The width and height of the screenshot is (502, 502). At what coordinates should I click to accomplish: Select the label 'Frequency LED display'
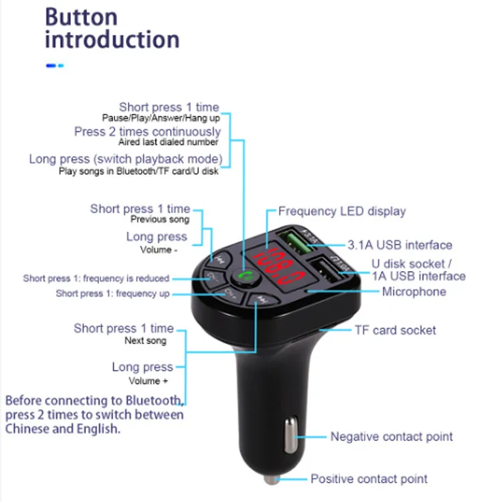tap(342, 212)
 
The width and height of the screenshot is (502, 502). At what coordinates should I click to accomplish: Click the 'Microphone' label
tap(414, 292)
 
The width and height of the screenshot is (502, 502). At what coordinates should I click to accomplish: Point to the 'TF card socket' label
tap(395, 330)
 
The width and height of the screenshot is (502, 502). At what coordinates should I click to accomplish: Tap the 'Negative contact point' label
tap(392, 437)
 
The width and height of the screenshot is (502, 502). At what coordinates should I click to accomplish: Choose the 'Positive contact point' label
tap(369, 479)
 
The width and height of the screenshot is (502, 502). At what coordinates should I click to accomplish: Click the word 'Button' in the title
tap(81, 16)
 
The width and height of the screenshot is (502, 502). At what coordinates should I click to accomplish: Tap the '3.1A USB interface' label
tap(400, 245)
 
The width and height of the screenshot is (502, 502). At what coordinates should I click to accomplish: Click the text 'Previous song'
tap(160, 220)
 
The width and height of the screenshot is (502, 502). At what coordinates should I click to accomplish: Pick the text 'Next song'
tap(145, 341)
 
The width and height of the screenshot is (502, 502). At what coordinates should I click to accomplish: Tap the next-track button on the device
tap(262, 301)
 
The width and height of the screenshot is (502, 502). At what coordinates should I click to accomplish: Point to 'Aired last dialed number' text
tap(168, 142)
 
